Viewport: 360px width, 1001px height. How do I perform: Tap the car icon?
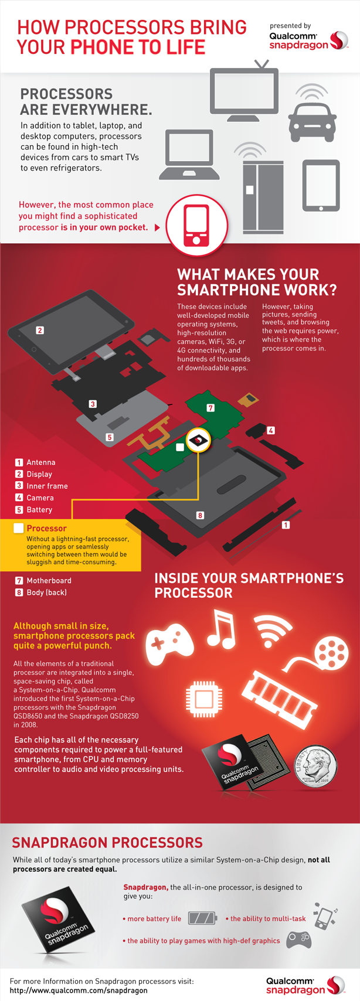(x=312, y=118)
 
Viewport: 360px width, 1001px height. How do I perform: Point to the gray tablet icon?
(x=321, y=185)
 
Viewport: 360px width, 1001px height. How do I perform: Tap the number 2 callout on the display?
(x=40, y=330)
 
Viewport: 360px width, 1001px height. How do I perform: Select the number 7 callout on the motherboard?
(x=210, y=407)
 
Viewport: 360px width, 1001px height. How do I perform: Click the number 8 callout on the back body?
(x=200, y=515)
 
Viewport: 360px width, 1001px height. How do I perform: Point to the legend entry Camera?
(x=40, y=498)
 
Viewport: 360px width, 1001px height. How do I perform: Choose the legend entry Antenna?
(x=40, y=462)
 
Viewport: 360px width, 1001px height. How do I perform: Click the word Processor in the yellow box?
(x=46, y=528)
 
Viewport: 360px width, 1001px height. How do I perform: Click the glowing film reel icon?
(x=330, y=651)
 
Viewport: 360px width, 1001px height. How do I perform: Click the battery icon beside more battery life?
(x=202, y=918)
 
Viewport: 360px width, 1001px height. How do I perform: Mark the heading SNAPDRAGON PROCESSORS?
(x=107, y=842)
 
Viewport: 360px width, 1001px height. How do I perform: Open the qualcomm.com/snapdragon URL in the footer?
(x=79, y=990)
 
